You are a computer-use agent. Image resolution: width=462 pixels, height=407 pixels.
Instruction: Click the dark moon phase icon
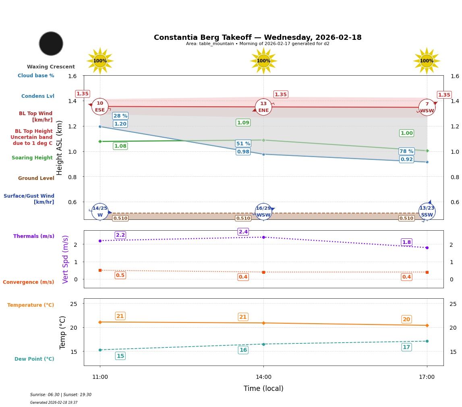pos(51,43)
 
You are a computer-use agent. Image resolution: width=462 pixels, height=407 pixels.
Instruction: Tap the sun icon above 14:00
pos(263,61)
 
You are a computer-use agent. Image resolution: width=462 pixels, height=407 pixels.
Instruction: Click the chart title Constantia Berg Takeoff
pos(257,37)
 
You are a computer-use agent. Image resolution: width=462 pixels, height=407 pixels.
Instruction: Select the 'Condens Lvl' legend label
pos(38,96)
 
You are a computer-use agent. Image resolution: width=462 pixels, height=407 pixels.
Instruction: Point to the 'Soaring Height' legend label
pos(32,158)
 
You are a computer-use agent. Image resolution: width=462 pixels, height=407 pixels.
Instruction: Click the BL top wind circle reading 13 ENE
pos(263,107)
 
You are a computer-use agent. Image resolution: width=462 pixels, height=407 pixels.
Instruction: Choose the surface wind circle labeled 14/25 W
pos(100,212)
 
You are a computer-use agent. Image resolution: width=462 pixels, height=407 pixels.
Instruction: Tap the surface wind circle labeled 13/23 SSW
pos(427,212)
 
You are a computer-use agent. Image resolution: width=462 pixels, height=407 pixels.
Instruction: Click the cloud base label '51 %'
pos(243,144)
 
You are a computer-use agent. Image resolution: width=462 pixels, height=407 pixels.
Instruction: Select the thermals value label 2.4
pos(243,232)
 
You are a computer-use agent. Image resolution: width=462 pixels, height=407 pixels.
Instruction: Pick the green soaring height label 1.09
pos(243,123)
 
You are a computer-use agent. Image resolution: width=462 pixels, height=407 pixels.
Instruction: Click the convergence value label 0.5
pos(120,275)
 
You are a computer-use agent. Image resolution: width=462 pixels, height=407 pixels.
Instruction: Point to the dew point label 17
pos(406,347)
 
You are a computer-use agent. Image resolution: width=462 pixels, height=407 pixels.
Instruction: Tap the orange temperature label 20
pos(406,319)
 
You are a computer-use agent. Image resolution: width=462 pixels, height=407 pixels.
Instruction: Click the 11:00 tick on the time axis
pos(100,377)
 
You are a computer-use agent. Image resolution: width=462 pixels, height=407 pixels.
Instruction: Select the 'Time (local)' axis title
pos(263,388)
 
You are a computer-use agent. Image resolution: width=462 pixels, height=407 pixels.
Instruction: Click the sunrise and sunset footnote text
pos(61,395)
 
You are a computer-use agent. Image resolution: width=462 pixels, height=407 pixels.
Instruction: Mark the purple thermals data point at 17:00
pos(427,248)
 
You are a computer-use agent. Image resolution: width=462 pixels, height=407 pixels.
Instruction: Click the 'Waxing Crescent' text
pos(51,67)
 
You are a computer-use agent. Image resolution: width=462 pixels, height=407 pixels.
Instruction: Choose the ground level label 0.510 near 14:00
pos(243,218)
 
